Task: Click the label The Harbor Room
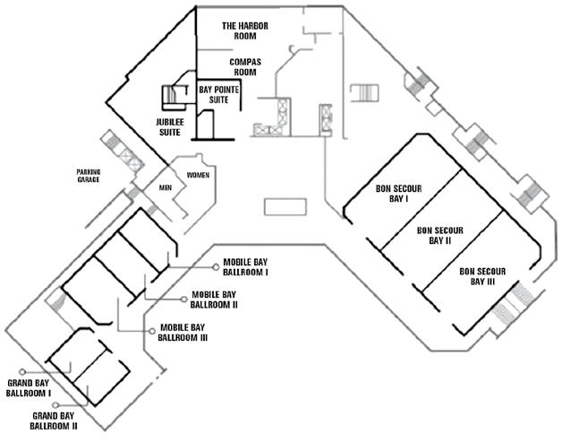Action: (x=244, y=31)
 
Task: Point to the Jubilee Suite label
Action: (x=170, y=127)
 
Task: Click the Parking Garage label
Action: (x=89, y=175)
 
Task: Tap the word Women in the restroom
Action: (x=198, y=175)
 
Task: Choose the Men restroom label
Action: (x=165, y=188)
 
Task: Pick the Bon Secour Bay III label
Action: (x=483, y=276)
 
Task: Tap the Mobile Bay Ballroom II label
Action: (x=214, y=299)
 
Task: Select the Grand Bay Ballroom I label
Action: (x=29, y=387)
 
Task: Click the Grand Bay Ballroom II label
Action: (x=55, y=420)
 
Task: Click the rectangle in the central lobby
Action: (x=285, y=207)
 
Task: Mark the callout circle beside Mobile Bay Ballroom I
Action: (x=216, y=265)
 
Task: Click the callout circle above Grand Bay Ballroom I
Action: (x=29, y=371)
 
